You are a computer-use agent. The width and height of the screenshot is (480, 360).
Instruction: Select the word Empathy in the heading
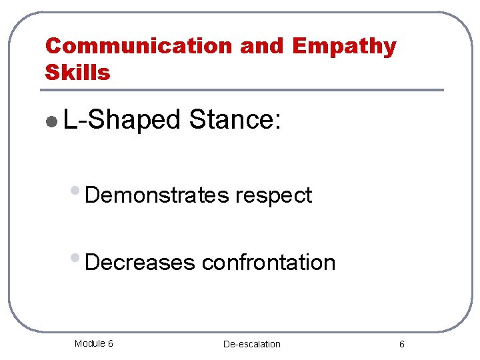point(344,46)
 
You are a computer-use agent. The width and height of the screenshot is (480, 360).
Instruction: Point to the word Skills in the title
point(77,72)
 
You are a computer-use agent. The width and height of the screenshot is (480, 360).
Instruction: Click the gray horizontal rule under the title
point(243,90)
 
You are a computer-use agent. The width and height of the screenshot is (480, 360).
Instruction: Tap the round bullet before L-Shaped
point(53,121)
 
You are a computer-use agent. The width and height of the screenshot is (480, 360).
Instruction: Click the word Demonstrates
point(157,195)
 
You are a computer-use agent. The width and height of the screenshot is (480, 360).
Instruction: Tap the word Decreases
point(140,263)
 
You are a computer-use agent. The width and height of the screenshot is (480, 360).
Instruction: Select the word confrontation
point(269,263)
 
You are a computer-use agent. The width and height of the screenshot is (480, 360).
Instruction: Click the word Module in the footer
point(89,343)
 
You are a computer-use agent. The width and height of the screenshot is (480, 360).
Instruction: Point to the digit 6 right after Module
point(110,343)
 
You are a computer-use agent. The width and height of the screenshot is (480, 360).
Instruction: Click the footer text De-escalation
point(252,344)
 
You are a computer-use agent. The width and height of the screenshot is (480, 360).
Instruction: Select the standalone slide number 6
point(401,344)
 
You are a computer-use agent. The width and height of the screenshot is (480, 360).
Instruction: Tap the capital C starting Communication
point(53,46)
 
